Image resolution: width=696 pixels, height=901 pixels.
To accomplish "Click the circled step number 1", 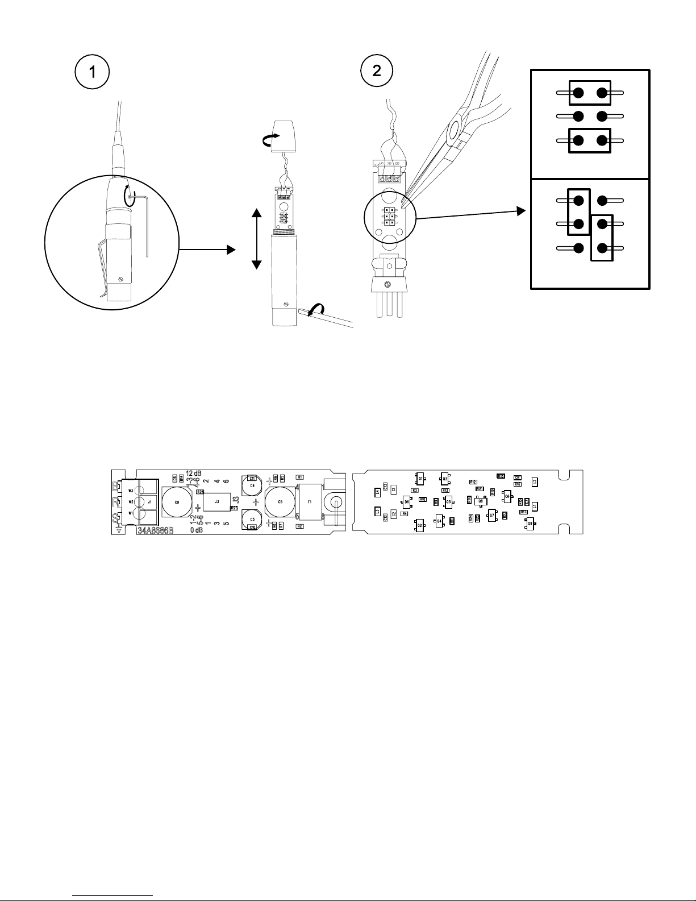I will tap(91, 74).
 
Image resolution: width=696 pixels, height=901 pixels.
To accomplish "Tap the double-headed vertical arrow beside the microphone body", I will tap(256, 239).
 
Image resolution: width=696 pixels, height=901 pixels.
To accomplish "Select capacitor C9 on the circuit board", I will tap(177, 503).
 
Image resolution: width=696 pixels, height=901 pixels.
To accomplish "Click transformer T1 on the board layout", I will tap(310, 502).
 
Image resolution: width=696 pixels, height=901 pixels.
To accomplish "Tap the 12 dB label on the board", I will tap(194, 473).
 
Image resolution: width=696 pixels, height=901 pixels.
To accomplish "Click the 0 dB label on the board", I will tap(197, 530).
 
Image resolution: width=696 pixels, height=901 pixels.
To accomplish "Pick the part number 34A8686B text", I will tap(155, 531).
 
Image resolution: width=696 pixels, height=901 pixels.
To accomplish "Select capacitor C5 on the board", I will tap(280, 502).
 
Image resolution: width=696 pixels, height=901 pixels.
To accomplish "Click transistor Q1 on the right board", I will tap(421, 479).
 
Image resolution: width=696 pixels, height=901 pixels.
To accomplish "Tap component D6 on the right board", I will tap(407, 502).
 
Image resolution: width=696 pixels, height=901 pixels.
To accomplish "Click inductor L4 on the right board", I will tap(377, 491).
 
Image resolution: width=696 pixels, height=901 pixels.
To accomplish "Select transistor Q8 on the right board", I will tap(481, 501).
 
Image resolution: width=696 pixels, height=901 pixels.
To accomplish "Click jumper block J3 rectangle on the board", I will tap(217, 502).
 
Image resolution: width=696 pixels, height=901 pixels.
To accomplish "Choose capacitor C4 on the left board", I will tap(252, 485).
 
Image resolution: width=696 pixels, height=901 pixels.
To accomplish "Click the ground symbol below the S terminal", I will tap(117, 529).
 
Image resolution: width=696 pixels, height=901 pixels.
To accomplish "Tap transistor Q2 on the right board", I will tap(420, 525).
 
